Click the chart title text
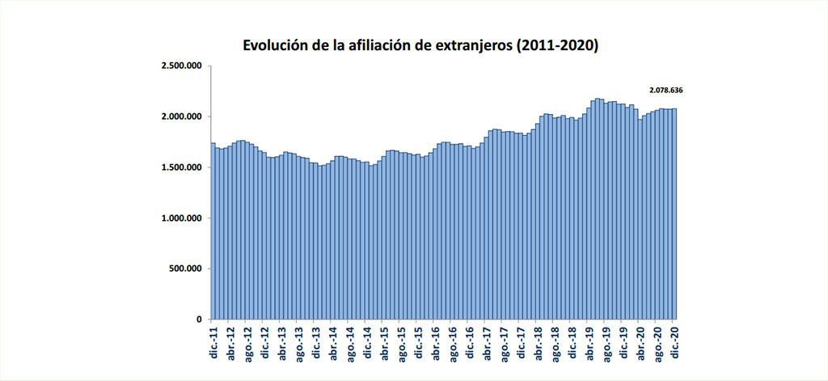coord(420,45)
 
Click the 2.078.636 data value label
coord(671,90)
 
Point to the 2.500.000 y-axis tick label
coord(181,66)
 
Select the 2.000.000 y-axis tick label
coord(181,116)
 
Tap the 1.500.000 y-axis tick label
coord(181,167)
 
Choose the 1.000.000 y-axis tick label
coord(181,218)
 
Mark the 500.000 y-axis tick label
coord(185,269)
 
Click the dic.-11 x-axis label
coord(213,343)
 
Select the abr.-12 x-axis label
coord(230,343)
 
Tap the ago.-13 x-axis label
coord(299,343)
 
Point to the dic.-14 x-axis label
coord(368,343)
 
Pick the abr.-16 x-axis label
coord(437,343)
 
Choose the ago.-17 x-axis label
coord(505,343)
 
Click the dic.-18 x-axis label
coord(574,343)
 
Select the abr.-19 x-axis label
coord(591,343)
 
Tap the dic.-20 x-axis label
coord(677,343)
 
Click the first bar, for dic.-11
coord(213,235)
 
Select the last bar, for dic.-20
coord(674,218)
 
